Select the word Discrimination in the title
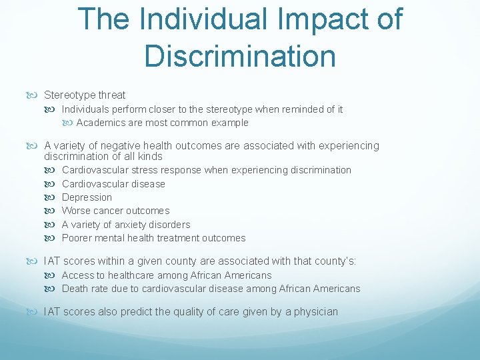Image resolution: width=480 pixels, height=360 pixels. [x=240, y=56]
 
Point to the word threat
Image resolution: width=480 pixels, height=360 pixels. [x=111, y=95]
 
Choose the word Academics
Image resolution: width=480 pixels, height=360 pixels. [x=99, y=123]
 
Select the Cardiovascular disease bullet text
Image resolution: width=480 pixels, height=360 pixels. [x=113, y=184]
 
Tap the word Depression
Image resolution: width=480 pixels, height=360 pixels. [x=87, y=197]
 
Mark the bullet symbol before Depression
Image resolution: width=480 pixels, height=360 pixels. [x=54, y=197]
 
